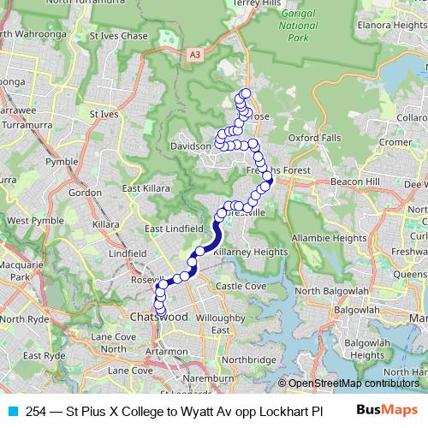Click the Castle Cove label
pyautogui.click(x=241, y=285)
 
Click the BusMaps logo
pyautogui.click(x=388, y=410)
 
